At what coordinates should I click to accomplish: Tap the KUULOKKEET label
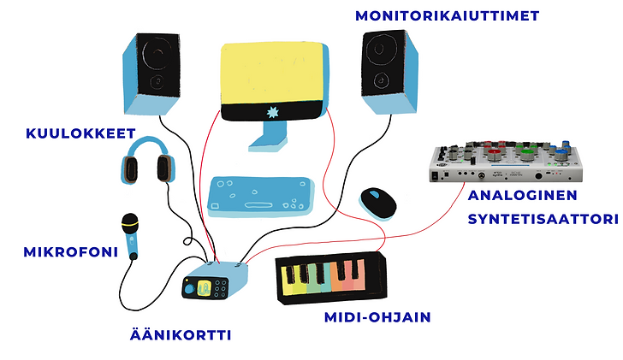click(69, 133)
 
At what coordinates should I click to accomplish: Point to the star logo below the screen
click(272, 114)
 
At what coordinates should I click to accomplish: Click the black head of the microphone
click(129, 220)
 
